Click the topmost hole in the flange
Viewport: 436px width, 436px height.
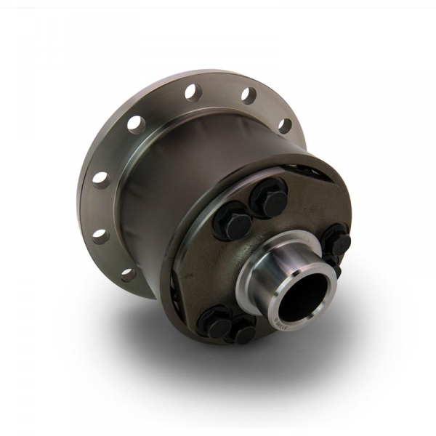click(x=193, y=92)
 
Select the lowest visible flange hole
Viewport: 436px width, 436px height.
click(x=128, y=275)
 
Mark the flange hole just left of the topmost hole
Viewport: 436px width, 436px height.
click(x=136, y=123)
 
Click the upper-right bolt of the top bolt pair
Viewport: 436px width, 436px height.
click(x=270, y=198)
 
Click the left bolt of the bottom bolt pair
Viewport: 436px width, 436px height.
click(x=215, y=321)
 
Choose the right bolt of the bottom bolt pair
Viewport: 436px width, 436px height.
click(x=243, y=331)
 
